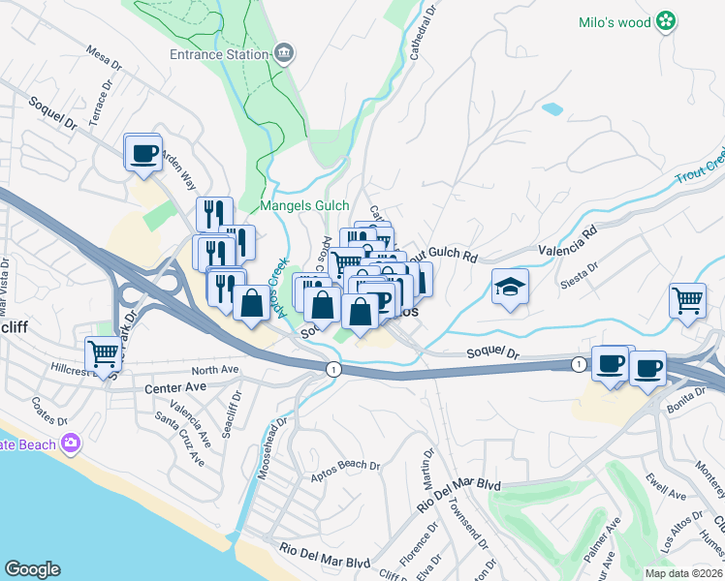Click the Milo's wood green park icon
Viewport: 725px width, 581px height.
point(666,20)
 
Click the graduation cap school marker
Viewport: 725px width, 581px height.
point(510,287)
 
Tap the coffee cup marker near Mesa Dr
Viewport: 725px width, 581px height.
point(143,153)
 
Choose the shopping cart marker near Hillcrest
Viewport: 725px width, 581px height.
point(102,354)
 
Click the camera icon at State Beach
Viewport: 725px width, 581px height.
point(69,443)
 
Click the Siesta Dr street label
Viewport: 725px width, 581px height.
point(584,275)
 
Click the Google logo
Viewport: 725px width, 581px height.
point(32,568)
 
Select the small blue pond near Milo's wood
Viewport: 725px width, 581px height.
point(552,109)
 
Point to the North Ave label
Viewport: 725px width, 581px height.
point(214,370)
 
